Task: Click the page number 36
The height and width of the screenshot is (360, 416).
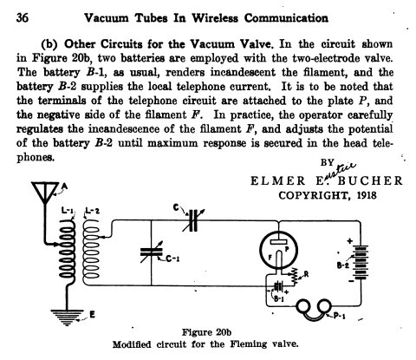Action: (23, 18)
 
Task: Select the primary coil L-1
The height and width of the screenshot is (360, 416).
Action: (68, 252)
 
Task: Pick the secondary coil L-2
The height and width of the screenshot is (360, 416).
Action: (91, 252)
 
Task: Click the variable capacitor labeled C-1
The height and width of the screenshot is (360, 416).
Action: (152, 252)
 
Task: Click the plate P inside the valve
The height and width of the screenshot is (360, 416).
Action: (278, 242)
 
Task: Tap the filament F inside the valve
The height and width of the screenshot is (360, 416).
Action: (279, 259)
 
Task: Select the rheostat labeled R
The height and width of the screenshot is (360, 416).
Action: (295, 276)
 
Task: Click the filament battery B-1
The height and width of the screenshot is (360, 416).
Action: (279, 287)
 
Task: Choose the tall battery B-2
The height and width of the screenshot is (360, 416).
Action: (361, 262)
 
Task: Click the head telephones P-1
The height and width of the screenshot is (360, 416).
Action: (314, 310)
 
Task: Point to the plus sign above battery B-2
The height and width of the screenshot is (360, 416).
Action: (350, 240)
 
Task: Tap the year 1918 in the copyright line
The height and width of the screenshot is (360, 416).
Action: (367, 195)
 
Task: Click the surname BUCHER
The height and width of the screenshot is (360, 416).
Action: (370, 180)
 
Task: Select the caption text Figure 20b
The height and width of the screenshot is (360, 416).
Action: (206, 332)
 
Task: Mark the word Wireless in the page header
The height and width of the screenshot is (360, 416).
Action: (215, 18)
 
